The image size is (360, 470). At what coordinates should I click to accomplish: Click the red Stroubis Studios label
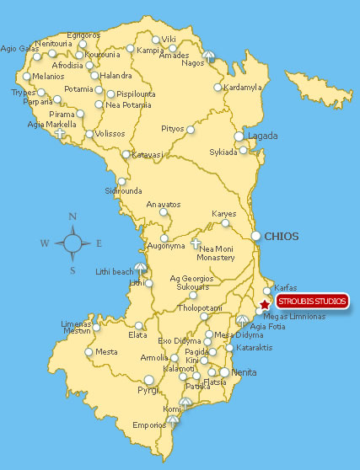click(311, 302)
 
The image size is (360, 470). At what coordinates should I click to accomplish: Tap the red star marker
click(265, 304)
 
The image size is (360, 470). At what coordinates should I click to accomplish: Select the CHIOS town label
click(282, 237)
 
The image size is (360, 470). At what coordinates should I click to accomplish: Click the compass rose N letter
click(73, 216)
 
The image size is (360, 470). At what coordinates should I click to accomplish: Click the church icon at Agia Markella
click(60, 132)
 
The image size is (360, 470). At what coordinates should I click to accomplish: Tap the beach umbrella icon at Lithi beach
click(140, 268)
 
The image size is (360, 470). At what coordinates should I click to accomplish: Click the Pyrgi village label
click(148, 390)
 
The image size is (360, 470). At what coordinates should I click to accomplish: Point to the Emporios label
click(149, 425)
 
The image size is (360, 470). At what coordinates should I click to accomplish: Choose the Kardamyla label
click(244, 87)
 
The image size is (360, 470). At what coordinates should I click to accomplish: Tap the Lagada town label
click(261, 136)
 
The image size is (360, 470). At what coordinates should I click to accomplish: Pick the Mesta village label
click(106, 351)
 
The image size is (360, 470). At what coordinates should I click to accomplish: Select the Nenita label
click(244, 371)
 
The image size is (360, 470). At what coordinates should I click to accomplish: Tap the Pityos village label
click(173, 129)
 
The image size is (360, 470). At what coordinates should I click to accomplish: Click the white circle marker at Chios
click(255, 236)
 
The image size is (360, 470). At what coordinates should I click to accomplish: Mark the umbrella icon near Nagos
click(209, 55)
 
